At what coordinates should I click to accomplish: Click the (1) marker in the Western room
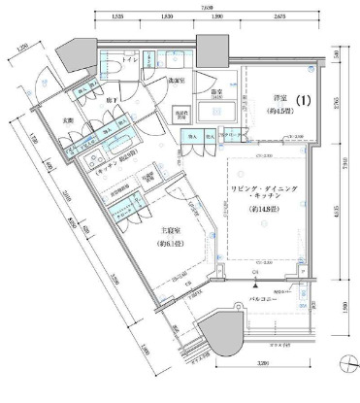[x=302, y=99]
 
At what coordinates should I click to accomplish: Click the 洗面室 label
[x=174, y=80]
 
